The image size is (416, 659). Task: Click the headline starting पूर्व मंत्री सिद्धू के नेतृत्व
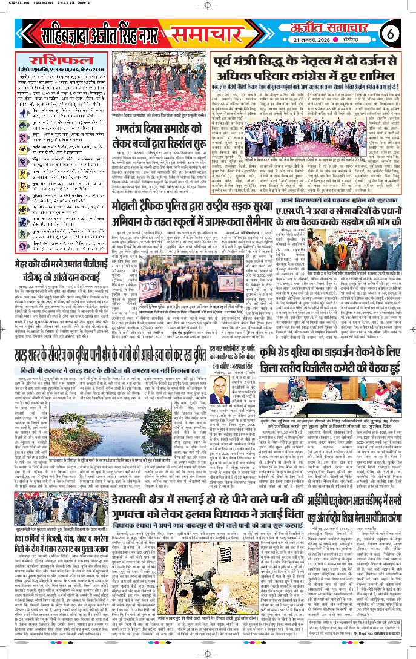[306, 69]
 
